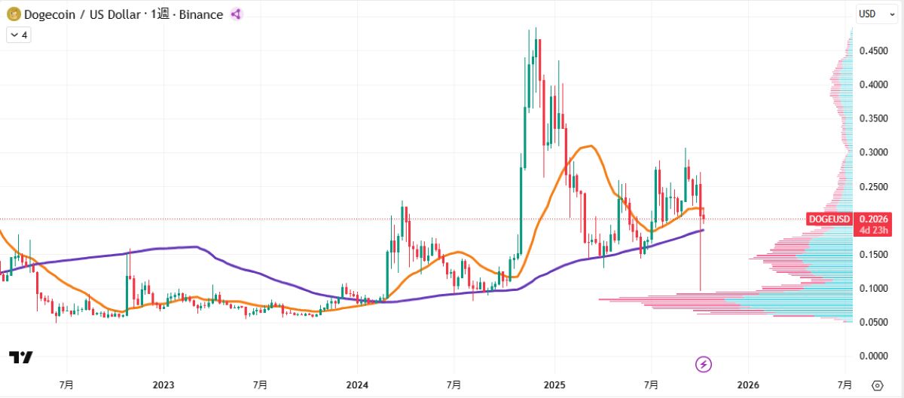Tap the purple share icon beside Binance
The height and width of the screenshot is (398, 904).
click(236, 14)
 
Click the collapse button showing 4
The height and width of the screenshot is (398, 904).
click(18, 35)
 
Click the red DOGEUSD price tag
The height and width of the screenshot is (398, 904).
click(829, 219)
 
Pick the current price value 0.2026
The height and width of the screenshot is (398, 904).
click(874, 219)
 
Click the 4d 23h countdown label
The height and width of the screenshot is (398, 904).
click(874, 230)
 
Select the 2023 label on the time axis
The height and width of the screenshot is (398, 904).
click(163, 385)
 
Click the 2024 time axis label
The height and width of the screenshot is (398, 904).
click(357, 385)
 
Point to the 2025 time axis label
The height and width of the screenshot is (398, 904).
click(554, 385)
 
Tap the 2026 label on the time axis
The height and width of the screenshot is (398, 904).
click(748, 385)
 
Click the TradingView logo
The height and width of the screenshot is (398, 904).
click(20, 357)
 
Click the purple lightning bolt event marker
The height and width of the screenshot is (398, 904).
click(704, 365)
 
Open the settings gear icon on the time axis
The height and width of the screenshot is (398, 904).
click(877, 385)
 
